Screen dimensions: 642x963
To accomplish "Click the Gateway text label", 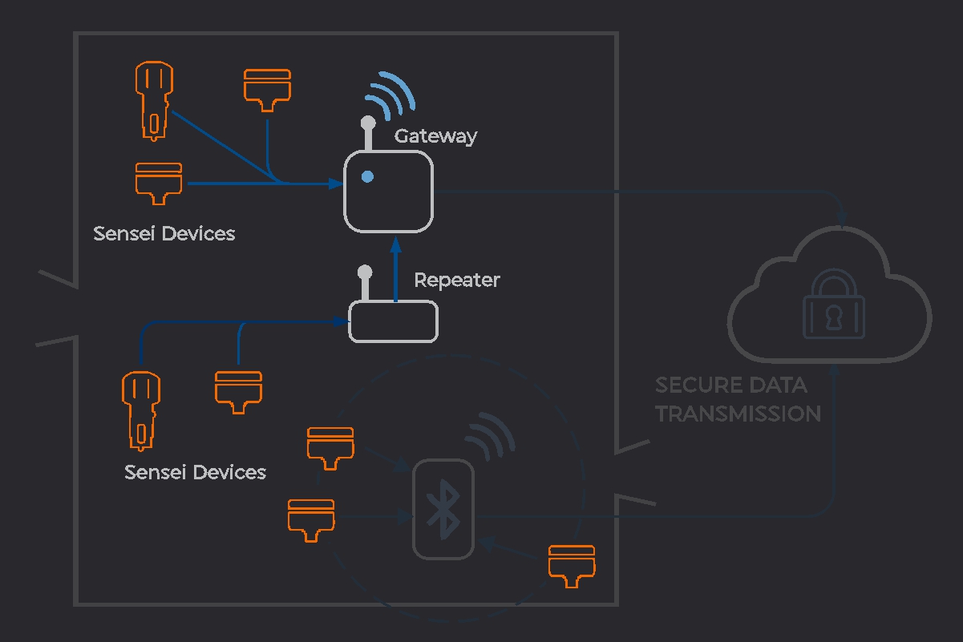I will coord(435,136).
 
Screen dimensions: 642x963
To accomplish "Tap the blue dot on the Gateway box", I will coord(367,176).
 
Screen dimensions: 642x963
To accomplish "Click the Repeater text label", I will coord(456,281).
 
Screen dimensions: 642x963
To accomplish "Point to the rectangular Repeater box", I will coord(393,321).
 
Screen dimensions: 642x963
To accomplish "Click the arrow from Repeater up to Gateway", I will coord(395,269).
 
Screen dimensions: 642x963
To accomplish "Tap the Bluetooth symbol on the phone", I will coord(443,509).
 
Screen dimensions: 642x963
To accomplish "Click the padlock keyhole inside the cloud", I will coord(834,315).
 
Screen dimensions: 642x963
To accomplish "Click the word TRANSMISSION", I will coord(738,414).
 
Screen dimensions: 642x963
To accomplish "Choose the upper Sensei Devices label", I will coord(164,234).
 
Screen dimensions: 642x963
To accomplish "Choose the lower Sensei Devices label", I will coord(195,472).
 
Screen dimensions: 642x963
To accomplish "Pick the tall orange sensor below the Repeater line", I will coord(140,409).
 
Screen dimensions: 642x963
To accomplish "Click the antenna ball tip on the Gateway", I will coord(368,123).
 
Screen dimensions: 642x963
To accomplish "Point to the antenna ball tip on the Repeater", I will coord(365,272).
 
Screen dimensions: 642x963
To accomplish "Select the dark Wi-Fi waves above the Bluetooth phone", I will coord(489,433).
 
